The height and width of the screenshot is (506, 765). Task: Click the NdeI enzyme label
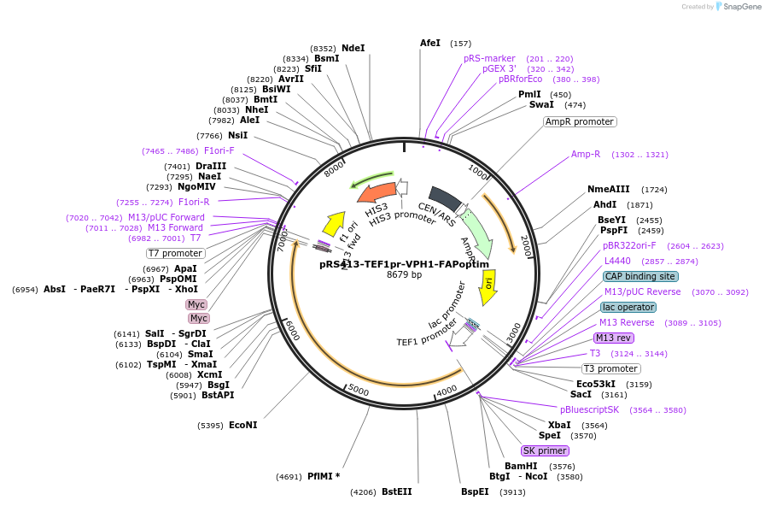pos(353,48)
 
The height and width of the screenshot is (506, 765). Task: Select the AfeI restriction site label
pos(430,43)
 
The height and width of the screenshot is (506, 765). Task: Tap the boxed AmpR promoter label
pos(580,121)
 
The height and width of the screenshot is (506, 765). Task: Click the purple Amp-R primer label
pos(586,155)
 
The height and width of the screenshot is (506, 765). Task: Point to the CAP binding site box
pos(640,276)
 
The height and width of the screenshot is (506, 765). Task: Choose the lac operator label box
pos(628,307)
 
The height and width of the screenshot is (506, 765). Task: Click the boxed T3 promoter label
pos(610,368)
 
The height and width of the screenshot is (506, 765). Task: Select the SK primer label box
pos(545,450)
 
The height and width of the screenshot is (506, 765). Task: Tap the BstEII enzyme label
pos(397,491)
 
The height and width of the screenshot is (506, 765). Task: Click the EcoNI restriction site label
pos(242,425)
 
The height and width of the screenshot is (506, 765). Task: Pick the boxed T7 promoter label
pos(175,253)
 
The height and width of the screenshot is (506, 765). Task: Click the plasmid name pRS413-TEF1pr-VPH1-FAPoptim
pos(404,264)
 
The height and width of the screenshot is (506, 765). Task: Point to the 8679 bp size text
pos(404,274)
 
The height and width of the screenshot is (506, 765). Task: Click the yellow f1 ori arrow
pos(334,224)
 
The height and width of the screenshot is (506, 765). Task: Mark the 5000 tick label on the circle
pos(358,391)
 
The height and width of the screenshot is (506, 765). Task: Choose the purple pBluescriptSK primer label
pos(589,409)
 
